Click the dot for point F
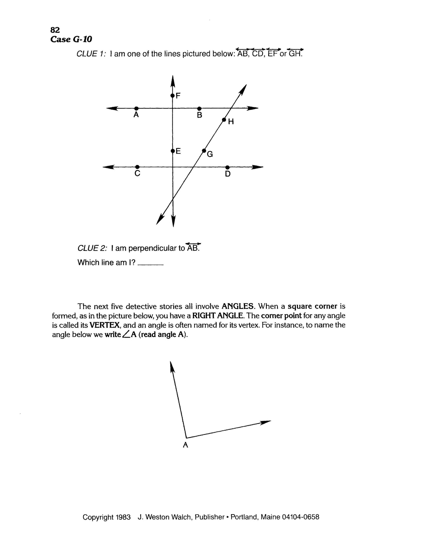pyautogui.click(x=172, y=95)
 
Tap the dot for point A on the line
pyautogui.click(x=136, y=108)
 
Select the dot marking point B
pyautogui.click(x=199, y=108)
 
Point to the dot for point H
pyautogui.click(x=224, y=120)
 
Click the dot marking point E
pyautogui.click(x=173, y=151)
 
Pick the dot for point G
pyautogui.click(x=204, y=151)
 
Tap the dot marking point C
pyautogui.click(x=137, y=167)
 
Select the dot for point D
pyautogui.click(x=227, y=167)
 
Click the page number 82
pyautogui.click(x=55, y=30)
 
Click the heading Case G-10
pyautogui.click(x=71, y=39)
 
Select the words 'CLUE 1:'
pyautogui.click(x=91, y=54)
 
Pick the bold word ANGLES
pyautogui.click(x=238, y=306)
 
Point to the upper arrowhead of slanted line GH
pyautogui.click(x=244, y=88)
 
